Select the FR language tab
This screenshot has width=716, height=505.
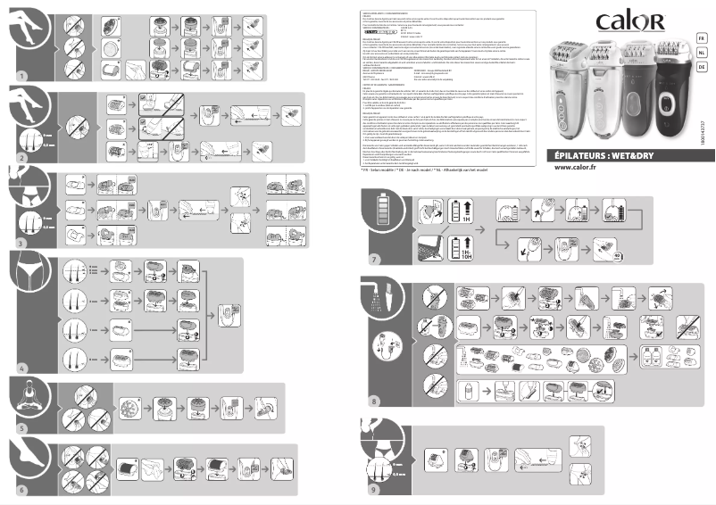(x=702, y=37)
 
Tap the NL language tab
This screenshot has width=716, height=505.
(x=702, y=53)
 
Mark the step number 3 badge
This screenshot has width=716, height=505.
(x=21, y=243)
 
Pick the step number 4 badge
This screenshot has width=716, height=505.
(x=21, y=367)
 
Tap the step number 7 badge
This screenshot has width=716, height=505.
(x=375, y=260)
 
